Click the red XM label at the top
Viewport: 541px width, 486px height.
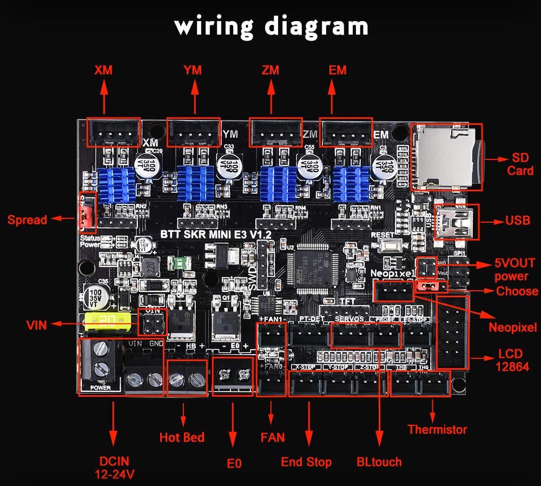click(x=103, y=70)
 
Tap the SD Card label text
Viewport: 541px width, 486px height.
click(x=519, y=164)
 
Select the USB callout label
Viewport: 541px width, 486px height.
click(x=518, y=221)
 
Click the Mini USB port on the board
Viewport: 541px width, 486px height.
click(x=456, y=222)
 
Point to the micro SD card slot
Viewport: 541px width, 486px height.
click(x=445, y=157)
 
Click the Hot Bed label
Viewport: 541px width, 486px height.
click(x=182, y=437)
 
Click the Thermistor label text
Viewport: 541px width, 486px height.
click(x=437, y=430)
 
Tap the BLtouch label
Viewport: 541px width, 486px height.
click(x=379, y=462)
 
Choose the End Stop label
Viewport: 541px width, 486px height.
click(x=306, y=462)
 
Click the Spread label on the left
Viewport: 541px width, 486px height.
click(x=27, y=219)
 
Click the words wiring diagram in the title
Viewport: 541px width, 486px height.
click(x=271, y=25)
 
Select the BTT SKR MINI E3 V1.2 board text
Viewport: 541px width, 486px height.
click(x=216, y=234)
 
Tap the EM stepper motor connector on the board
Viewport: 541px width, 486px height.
click(x=346, y=132)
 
